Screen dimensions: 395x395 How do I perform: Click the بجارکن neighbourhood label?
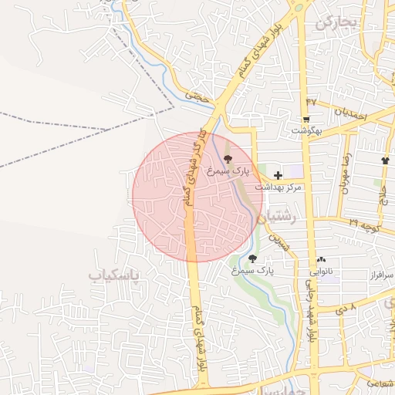(337, 22)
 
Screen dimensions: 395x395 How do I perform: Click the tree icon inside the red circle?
(225, 157)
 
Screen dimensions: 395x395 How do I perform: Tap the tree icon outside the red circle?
(252, 258)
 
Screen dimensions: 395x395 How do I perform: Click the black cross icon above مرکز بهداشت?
(278, 176)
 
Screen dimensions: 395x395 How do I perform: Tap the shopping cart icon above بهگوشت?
(306, 120)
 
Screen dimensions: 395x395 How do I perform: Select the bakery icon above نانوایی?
(321, 261)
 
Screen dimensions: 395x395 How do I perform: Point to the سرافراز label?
(380, 274)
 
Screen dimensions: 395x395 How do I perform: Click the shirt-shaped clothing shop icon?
(385, 160)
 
